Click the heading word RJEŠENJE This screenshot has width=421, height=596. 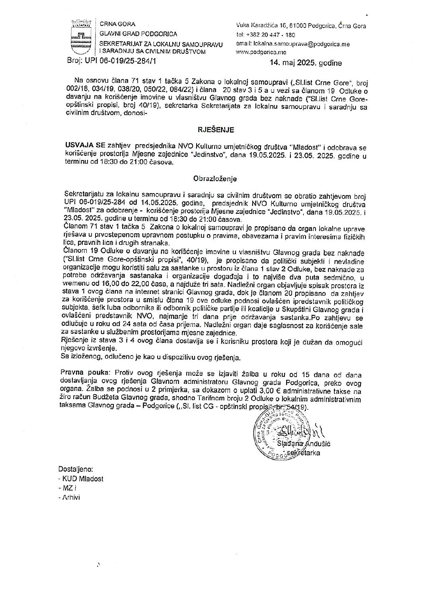pyautogui.click(x=214, y=129)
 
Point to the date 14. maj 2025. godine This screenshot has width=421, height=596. pyautogui.click(x=305, y=63)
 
